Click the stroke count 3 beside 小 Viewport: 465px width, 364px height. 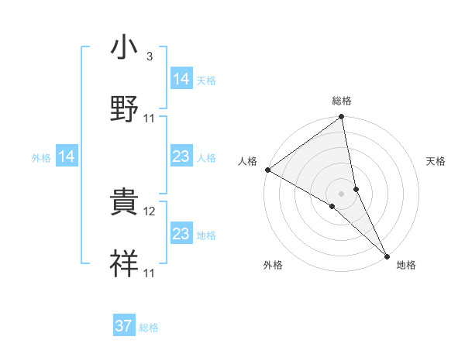[149, 57]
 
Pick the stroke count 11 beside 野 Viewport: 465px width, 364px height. [150, 118]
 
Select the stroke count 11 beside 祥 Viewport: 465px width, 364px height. [150, 273]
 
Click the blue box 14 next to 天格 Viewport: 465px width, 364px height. [181, 78]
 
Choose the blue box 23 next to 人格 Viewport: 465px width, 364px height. [181, 156]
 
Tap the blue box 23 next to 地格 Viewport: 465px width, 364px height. [181, 234]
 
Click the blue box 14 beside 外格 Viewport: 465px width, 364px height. [67, 156]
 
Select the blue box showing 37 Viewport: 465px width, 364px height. [124, 326]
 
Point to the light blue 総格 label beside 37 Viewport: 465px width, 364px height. [149, 328]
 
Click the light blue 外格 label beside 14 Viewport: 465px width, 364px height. [41, 158]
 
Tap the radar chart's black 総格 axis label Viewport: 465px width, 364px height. [342, 101]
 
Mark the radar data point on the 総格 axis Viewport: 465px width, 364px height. [342, 118]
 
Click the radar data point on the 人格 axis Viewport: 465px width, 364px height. [267, 170]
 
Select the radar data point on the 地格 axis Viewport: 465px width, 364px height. [387, 255]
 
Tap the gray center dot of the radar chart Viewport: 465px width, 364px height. [342, 193]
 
